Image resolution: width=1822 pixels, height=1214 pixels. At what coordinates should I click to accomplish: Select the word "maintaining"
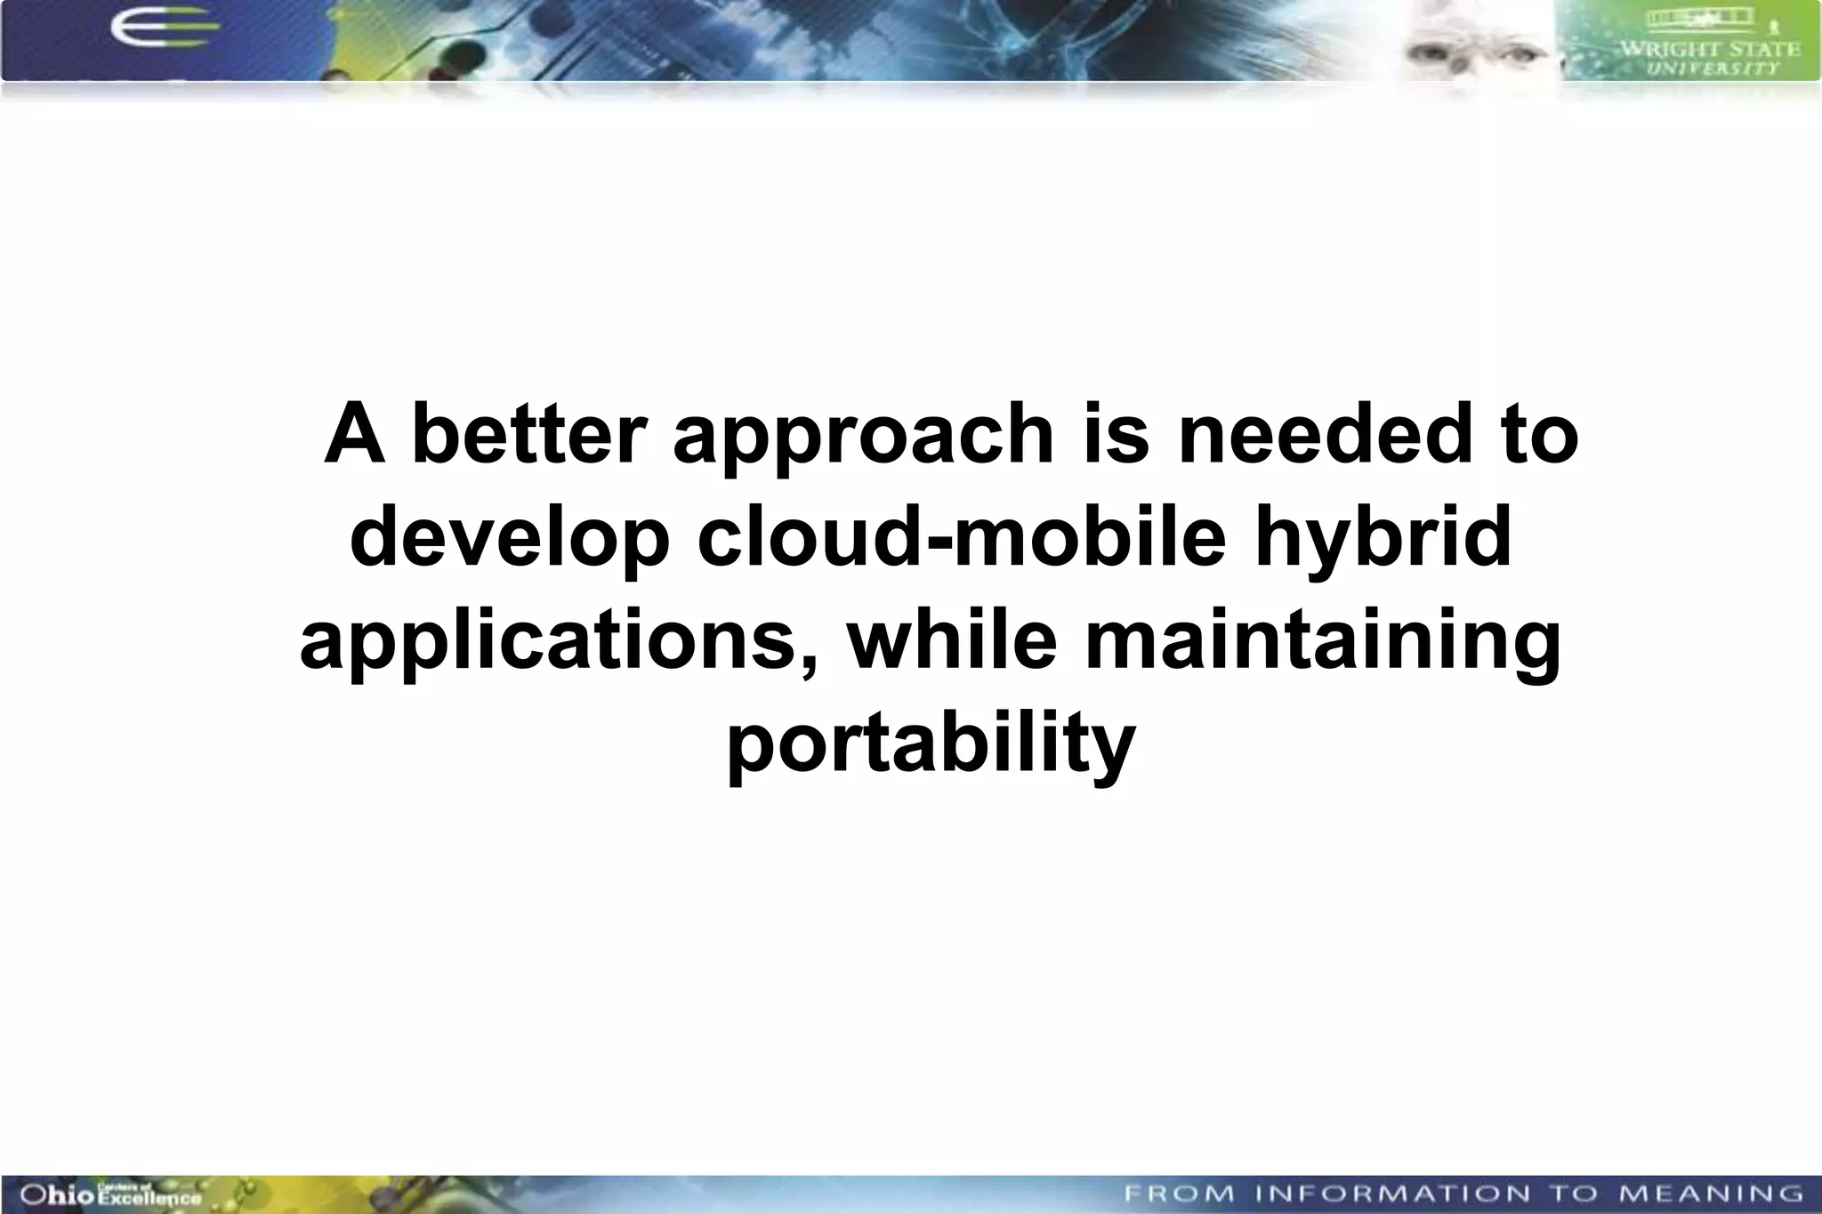(x=1323, y=642)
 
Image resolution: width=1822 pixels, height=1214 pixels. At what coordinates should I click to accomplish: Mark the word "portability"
(x=931, y=744)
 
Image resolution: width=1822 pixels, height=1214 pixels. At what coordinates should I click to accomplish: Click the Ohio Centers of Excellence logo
(x=110, y=1194)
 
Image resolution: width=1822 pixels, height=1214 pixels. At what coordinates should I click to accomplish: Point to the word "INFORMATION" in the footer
(x=1392, y=1194)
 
